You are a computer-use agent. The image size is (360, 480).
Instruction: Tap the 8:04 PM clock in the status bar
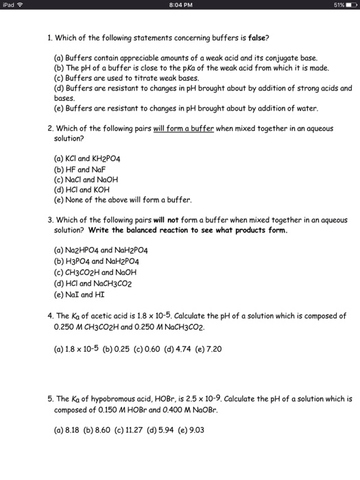point(180,6)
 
